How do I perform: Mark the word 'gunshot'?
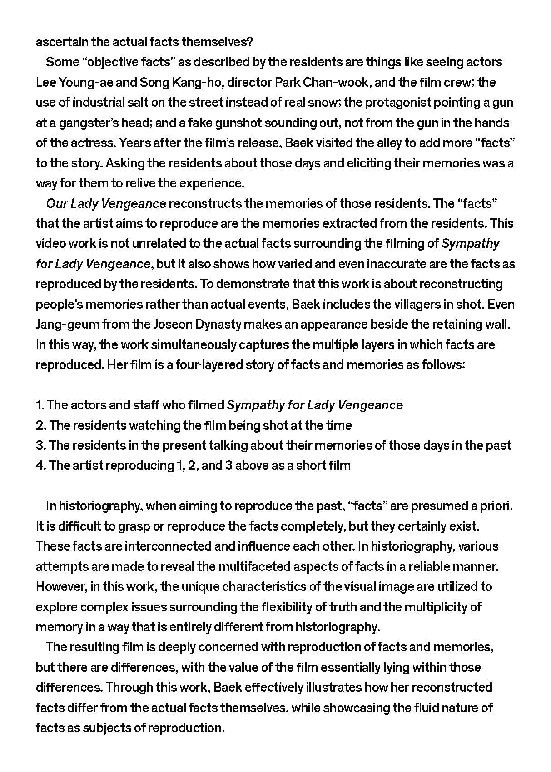[x=280, y=123]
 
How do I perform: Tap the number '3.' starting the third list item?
[x=41, y=446]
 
